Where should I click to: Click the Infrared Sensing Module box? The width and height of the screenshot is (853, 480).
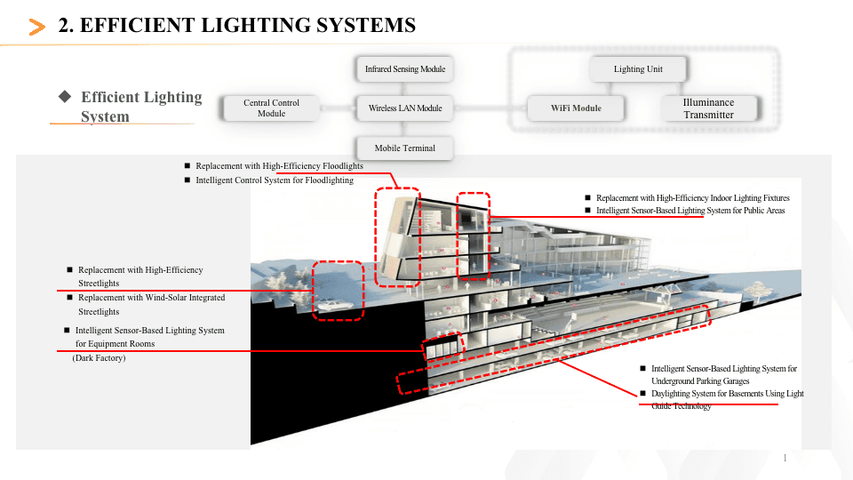(x=405, y=68)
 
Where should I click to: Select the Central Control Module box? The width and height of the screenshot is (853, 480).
(x=272, y=108)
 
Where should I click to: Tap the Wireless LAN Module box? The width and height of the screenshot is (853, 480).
(x=405, y=108)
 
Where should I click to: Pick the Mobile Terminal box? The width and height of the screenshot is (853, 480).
(x=405, y=148)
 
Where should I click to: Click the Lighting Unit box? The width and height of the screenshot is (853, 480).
(x=638, y=68)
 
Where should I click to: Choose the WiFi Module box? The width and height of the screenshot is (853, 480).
(x=576, y=108)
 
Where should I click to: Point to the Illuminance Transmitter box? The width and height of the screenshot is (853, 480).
(x=708, y=108)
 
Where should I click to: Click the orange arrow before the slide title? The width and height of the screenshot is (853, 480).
(x=37, y=28)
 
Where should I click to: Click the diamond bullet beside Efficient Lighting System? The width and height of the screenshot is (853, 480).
(x=64, y=96)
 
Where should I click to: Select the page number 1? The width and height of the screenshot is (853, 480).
(x=785, y=458)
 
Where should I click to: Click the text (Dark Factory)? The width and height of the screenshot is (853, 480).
(x=99, y=358)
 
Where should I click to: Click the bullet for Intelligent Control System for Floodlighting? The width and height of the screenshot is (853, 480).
(x=187, y=180)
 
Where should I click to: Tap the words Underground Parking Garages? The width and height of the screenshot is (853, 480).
(x=700, y=381)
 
